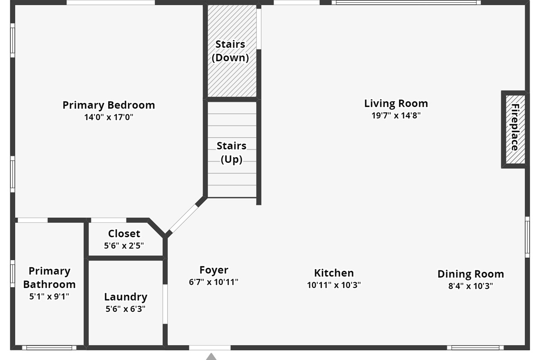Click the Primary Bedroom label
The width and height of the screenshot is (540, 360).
(x=109, y=105)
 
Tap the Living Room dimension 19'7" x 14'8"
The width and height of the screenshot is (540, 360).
(x=396, y=116)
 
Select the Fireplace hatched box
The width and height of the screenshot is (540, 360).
(x=515, y=130)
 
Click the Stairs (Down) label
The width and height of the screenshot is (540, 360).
(x=230, y=51)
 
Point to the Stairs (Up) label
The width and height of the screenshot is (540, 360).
(x=231, y=153)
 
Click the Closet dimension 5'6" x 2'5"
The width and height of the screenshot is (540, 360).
(x=124, y=246)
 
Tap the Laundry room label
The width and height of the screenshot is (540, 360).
(x=126, y=297)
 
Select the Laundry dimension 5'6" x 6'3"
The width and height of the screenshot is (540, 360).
(x=126, y=309)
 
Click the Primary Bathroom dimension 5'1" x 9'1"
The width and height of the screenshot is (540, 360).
(x=49, y=297)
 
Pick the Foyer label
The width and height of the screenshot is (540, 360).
(x=214, y=270)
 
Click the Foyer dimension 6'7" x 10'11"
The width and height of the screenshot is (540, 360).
(x=214, y=282)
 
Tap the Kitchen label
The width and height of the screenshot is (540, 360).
(x=334, y=273)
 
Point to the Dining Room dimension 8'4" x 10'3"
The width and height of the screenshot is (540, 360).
(x=471, y=286)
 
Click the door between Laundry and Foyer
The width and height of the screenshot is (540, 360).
(x=165, y=304)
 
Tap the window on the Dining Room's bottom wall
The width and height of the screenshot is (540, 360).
(x=475, y=348)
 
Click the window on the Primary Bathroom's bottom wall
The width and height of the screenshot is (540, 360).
(x=49, y=348)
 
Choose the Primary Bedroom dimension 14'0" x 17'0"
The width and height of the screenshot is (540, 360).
(x=109, y=117)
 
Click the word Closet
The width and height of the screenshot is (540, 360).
(x=124, y=234)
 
